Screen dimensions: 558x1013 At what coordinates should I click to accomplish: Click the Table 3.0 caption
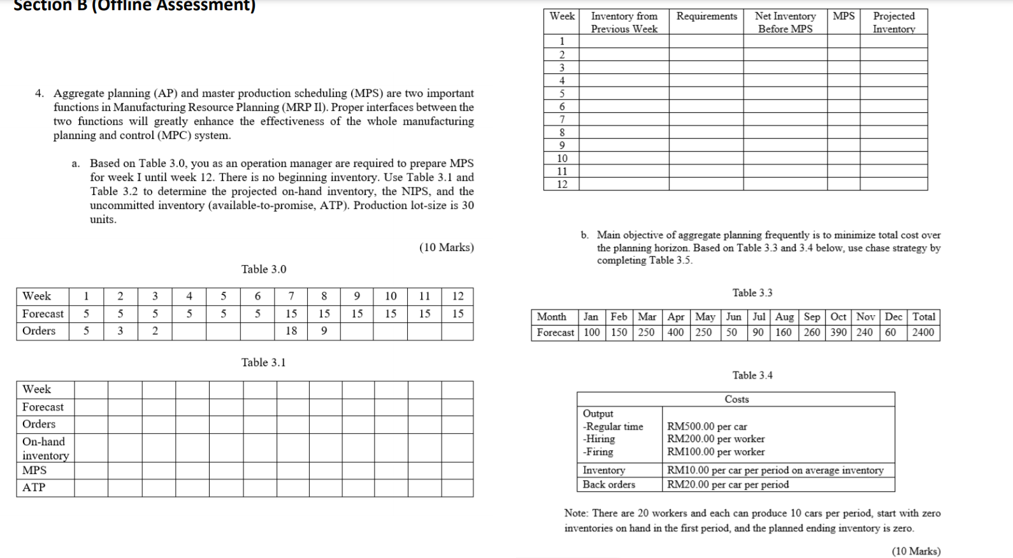tap(264, 269)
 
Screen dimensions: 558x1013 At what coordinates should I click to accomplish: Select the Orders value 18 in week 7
tap(291, 331)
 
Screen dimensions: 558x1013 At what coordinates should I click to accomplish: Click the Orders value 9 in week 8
tap(324, 331)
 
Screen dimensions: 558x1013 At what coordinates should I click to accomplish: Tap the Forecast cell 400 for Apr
tap(675, 332)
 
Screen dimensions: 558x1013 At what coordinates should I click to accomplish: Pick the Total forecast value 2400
tap(923, 332)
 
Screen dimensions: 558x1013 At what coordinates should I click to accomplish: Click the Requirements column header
tap(706, 17)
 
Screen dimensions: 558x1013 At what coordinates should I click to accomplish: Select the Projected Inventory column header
tap(893, 22)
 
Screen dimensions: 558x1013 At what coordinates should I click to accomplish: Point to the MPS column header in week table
tap(844, 17)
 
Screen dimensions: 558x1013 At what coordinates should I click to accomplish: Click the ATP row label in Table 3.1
tap(34, 487)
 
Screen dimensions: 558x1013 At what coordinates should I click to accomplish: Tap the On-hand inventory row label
tap(45, 448)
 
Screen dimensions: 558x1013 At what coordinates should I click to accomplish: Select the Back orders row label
tap(608, 484)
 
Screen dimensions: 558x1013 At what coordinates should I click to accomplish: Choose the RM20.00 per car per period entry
tap(728, 484)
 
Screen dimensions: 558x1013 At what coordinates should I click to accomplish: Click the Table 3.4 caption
tap(752, 376)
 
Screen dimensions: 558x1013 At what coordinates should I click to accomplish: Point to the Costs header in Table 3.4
tap(736, 399)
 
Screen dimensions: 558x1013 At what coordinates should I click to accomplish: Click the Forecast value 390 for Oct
tap(838, 332)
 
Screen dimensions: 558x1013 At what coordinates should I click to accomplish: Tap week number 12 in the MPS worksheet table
tap(561, 184)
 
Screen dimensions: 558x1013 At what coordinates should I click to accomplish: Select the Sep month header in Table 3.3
tap(812, 317)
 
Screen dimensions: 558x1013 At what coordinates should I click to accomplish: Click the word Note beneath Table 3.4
tap(576, 513)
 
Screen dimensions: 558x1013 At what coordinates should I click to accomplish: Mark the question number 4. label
tap(40, 94)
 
